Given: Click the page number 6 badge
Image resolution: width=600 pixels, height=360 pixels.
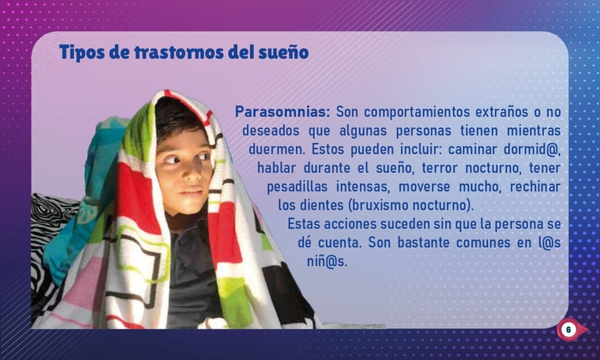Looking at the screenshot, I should (568, 330).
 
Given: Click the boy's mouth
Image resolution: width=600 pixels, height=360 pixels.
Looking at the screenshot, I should (191, 191).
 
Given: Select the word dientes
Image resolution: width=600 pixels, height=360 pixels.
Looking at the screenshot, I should (324, 204).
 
